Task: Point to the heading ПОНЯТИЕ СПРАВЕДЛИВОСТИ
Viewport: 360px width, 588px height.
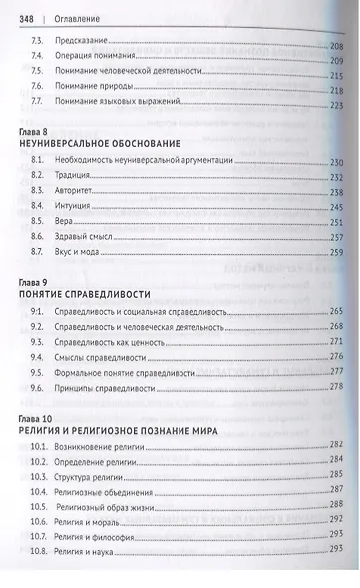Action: [x=78, y=296]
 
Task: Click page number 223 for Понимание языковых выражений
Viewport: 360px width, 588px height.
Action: [x=336, y=105]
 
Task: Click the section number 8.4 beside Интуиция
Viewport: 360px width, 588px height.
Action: [x=38, y=208]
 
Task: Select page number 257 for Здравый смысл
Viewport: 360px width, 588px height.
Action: [x=336, y=240]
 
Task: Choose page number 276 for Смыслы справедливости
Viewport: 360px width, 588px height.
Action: [x=336, y=356]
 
